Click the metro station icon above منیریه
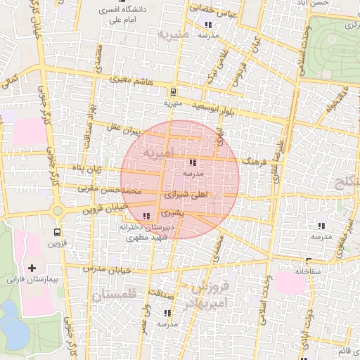point(173,91)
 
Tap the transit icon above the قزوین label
point(57,232)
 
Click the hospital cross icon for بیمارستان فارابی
point(32,268)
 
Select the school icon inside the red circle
point(193,162)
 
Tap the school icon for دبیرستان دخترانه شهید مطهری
point(146,216)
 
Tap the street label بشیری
point(171,212)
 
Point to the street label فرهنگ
point(251,161)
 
